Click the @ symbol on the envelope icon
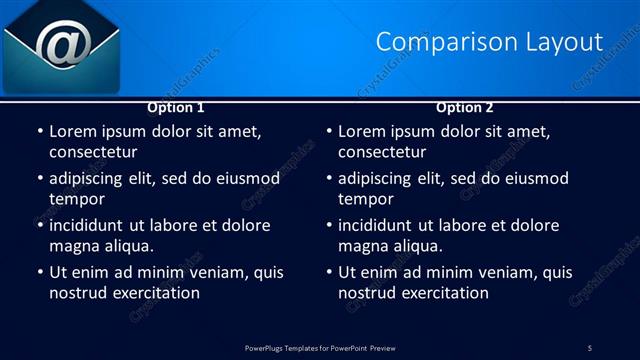point(63,45)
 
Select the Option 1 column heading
point(176,107)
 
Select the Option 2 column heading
point(465,107)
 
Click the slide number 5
point(590,347)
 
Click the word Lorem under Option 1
point(73,132)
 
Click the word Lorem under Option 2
point(362,132)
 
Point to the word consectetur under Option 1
point(92,152)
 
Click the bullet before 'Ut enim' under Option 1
point(40,272)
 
